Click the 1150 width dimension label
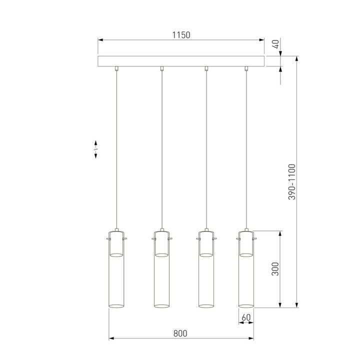(181, 35)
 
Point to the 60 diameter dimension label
(245, 317)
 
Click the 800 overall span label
(180, 333)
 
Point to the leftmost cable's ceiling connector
(116, 68)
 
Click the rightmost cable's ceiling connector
(245, 68)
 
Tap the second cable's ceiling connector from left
(161, 68)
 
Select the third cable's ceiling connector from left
(206, 68)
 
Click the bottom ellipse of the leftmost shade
(116, 304)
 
